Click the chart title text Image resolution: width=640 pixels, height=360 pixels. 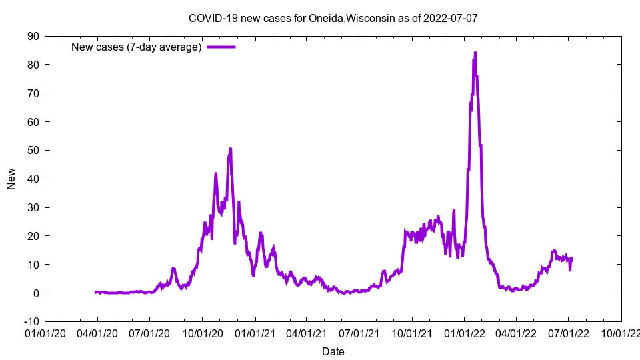(333, 18)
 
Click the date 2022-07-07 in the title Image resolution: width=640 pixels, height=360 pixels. (451, 18)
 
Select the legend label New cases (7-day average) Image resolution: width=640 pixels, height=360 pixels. (136, 47)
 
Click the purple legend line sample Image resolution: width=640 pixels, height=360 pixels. (221, 47)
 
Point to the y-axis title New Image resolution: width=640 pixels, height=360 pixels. (11, 179)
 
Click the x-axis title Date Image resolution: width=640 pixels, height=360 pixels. (333, 351)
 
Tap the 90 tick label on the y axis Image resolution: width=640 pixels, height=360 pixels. (33, 36)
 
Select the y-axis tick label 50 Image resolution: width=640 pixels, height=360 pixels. (33, 150)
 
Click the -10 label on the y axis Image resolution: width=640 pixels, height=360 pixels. (31, 321)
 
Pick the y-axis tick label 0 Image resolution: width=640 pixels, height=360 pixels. (36, 293)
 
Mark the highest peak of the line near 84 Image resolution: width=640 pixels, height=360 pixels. (475, 53)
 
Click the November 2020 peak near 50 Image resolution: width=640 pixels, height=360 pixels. (230, 149)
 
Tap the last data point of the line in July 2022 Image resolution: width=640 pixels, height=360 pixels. (571, 259)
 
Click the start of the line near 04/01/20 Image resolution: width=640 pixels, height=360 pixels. (96, 292)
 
